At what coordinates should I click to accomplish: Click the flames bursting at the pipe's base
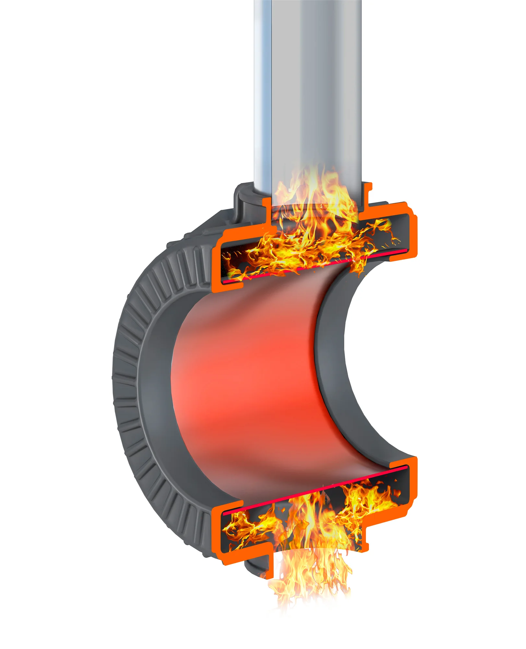pos(311,208)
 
